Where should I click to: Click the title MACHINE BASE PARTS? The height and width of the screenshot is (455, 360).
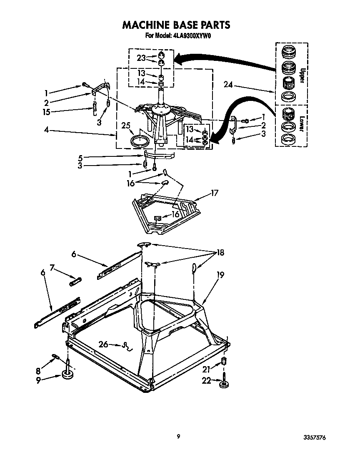point(176,25)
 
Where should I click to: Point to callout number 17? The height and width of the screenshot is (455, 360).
point(215,193)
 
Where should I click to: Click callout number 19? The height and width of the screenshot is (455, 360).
point(220,274)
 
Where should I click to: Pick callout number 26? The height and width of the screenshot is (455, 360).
point(103,344)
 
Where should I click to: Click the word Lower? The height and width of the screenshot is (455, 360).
point(302,126)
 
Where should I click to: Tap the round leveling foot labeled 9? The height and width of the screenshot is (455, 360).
point(67,376)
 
